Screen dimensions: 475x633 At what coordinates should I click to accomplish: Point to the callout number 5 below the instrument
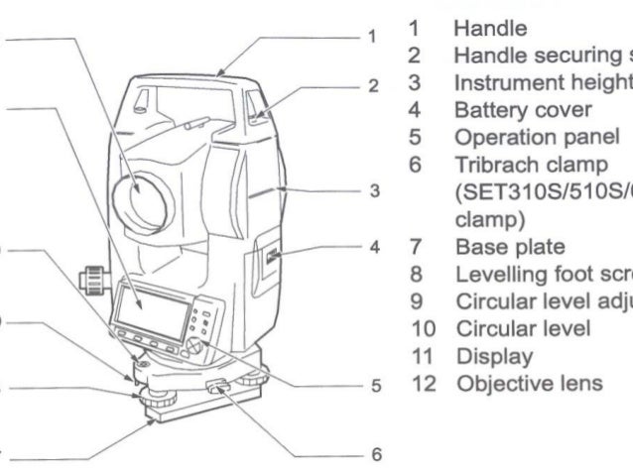[372, 387]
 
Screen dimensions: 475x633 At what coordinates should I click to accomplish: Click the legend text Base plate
[495, 244]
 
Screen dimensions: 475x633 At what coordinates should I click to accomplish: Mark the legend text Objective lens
[514, 379]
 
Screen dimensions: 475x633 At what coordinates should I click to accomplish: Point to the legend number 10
[422, 325]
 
